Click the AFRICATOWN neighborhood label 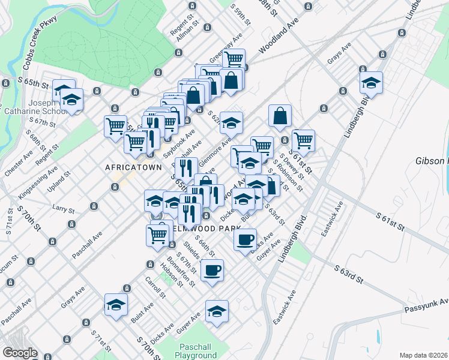pos(133,167)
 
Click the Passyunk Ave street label pos(428,306)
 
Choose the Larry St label pos(63,211)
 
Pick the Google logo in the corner pos(20,353)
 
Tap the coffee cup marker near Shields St pos(212,270)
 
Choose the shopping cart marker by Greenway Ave pos(234,59)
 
